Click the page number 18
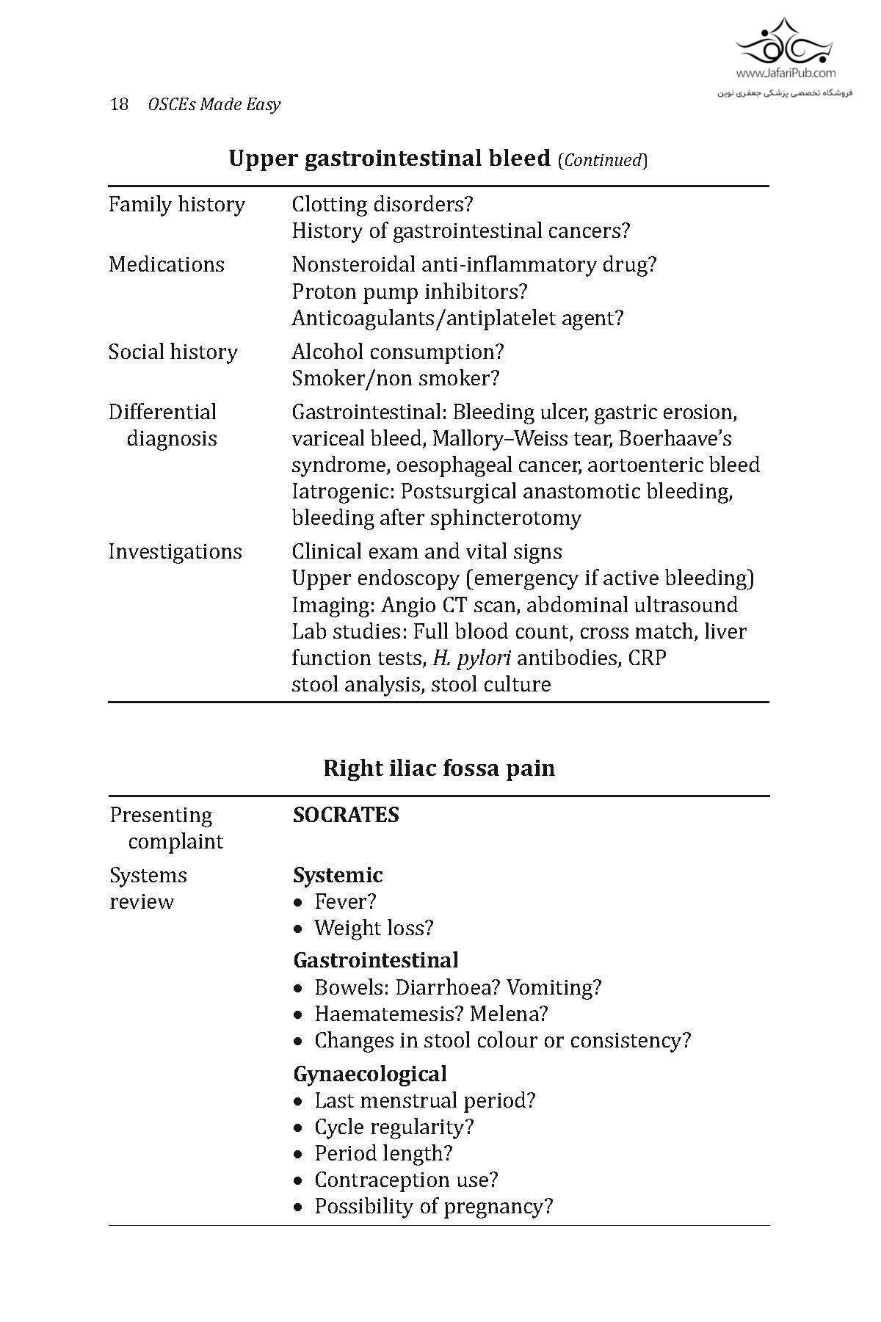(x=119, y=104)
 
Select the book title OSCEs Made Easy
(x=214, y=104)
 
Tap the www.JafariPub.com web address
(x=786, y=73)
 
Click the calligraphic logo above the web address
(x=786, y=42)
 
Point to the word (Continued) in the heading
(x=603, y=160)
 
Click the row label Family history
(x=177, y=204)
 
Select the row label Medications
(x=167, y=264)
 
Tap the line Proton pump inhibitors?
(x=410, y=291)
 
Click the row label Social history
(x=173, y=352)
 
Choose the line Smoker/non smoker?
(x=396, y=378)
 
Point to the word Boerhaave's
(x=675, y=438)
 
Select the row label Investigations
(x=175, y=551)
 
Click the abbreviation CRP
(x=647, y=658)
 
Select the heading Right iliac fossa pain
(x=439, y=769)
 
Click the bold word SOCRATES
(x=346, y=815)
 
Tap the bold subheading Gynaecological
(x=370, y=1074)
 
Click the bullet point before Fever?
(x=298, y=902)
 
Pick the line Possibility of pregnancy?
(x=433, y=1206)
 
